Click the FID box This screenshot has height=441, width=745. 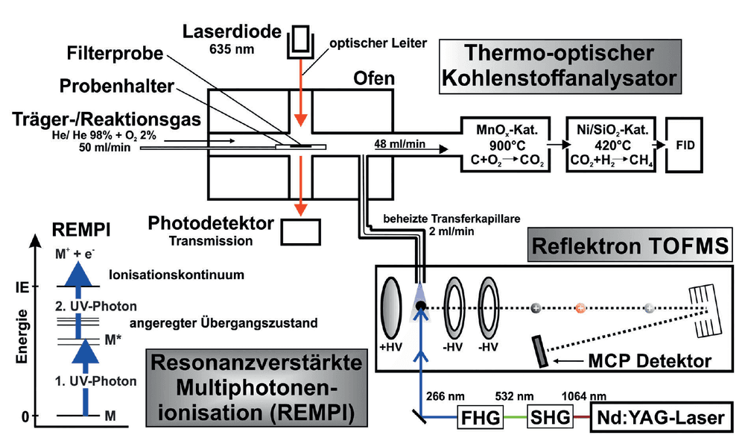(684, 145)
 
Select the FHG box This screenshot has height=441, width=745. (480, 417)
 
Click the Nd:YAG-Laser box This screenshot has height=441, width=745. (661, 418)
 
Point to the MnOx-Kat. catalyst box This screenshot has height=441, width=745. (506, 144)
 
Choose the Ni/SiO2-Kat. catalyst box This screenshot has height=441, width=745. (611, 144)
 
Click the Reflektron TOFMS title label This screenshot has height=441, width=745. (630, 246)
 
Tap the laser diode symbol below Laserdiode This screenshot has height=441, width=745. (301, 42)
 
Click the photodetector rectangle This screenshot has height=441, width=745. (300, 232)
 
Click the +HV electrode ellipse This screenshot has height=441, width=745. (390, 309)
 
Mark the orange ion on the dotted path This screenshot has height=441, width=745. (580, 308)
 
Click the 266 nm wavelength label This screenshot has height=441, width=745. (446, 396)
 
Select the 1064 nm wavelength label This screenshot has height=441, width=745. (584, 396)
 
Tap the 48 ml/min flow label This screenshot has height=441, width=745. (399, 144)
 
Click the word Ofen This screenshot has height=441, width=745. (374, 78)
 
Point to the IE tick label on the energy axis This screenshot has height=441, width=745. (22, 287)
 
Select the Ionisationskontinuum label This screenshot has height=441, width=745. (177, 275)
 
